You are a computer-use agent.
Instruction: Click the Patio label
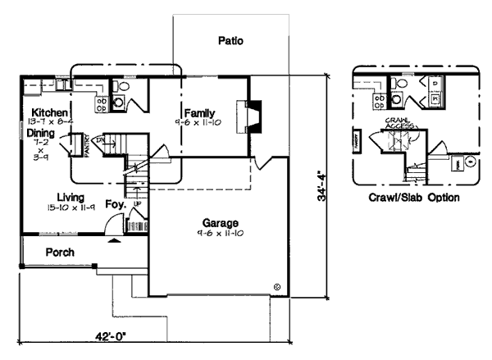[x=230, y=40]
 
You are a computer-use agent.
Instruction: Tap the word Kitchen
[x=49, y=112]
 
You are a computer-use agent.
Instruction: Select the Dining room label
[x=41, y=132]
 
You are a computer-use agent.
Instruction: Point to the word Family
[x=199, y=112]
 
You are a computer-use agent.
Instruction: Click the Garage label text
[x=221, y=222]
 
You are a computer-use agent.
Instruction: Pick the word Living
[x=73, y=197]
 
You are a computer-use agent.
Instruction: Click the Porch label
[x=61, y=252]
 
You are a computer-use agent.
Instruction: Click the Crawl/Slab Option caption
[x=413, y=198]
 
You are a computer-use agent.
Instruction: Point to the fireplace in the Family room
[x=249, y=116]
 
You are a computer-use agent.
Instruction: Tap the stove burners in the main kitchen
[x=102, y=103]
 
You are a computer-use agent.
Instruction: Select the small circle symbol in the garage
[x=277, y=286]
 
